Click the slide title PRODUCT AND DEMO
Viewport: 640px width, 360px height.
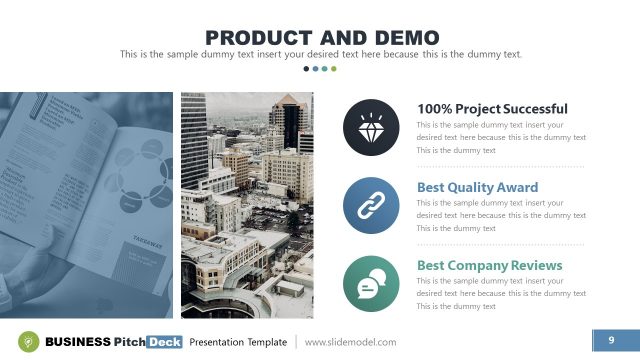click(320, 37)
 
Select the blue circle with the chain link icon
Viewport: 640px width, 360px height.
click(366, 203)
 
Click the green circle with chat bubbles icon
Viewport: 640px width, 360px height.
click(366, 281)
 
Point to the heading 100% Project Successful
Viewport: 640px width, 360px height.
click(492, 109)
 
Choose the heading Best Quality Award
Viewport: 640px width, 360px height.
click(477, 187)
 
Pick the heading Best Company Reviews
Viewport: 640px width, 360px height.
click(489, 265)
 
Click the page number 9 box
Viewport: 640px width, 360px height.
click(610, 342)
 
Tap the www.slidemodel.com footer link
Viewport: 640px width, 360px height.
click(350, 342)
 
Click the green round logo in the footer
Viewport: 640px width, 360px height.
click(30, 342)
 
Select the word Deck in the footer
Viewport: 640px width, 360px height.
click(165, 342)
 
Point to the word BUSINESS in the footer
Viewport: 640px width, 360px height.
click(78, 342)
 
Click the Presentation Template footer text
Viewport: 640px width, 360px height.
click(238, 342)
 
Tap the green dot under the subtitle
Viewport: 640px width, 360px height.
click(333, 69)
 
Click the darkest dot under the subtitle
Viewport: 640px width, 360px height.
click(306, 69)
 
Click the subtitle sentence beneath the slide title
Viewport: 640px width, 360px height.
click(320, 54)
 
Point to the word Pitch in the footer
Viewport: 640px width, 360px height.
click(129, 342)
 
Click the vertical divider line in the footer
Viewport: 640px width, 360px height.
click(296, 342)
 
